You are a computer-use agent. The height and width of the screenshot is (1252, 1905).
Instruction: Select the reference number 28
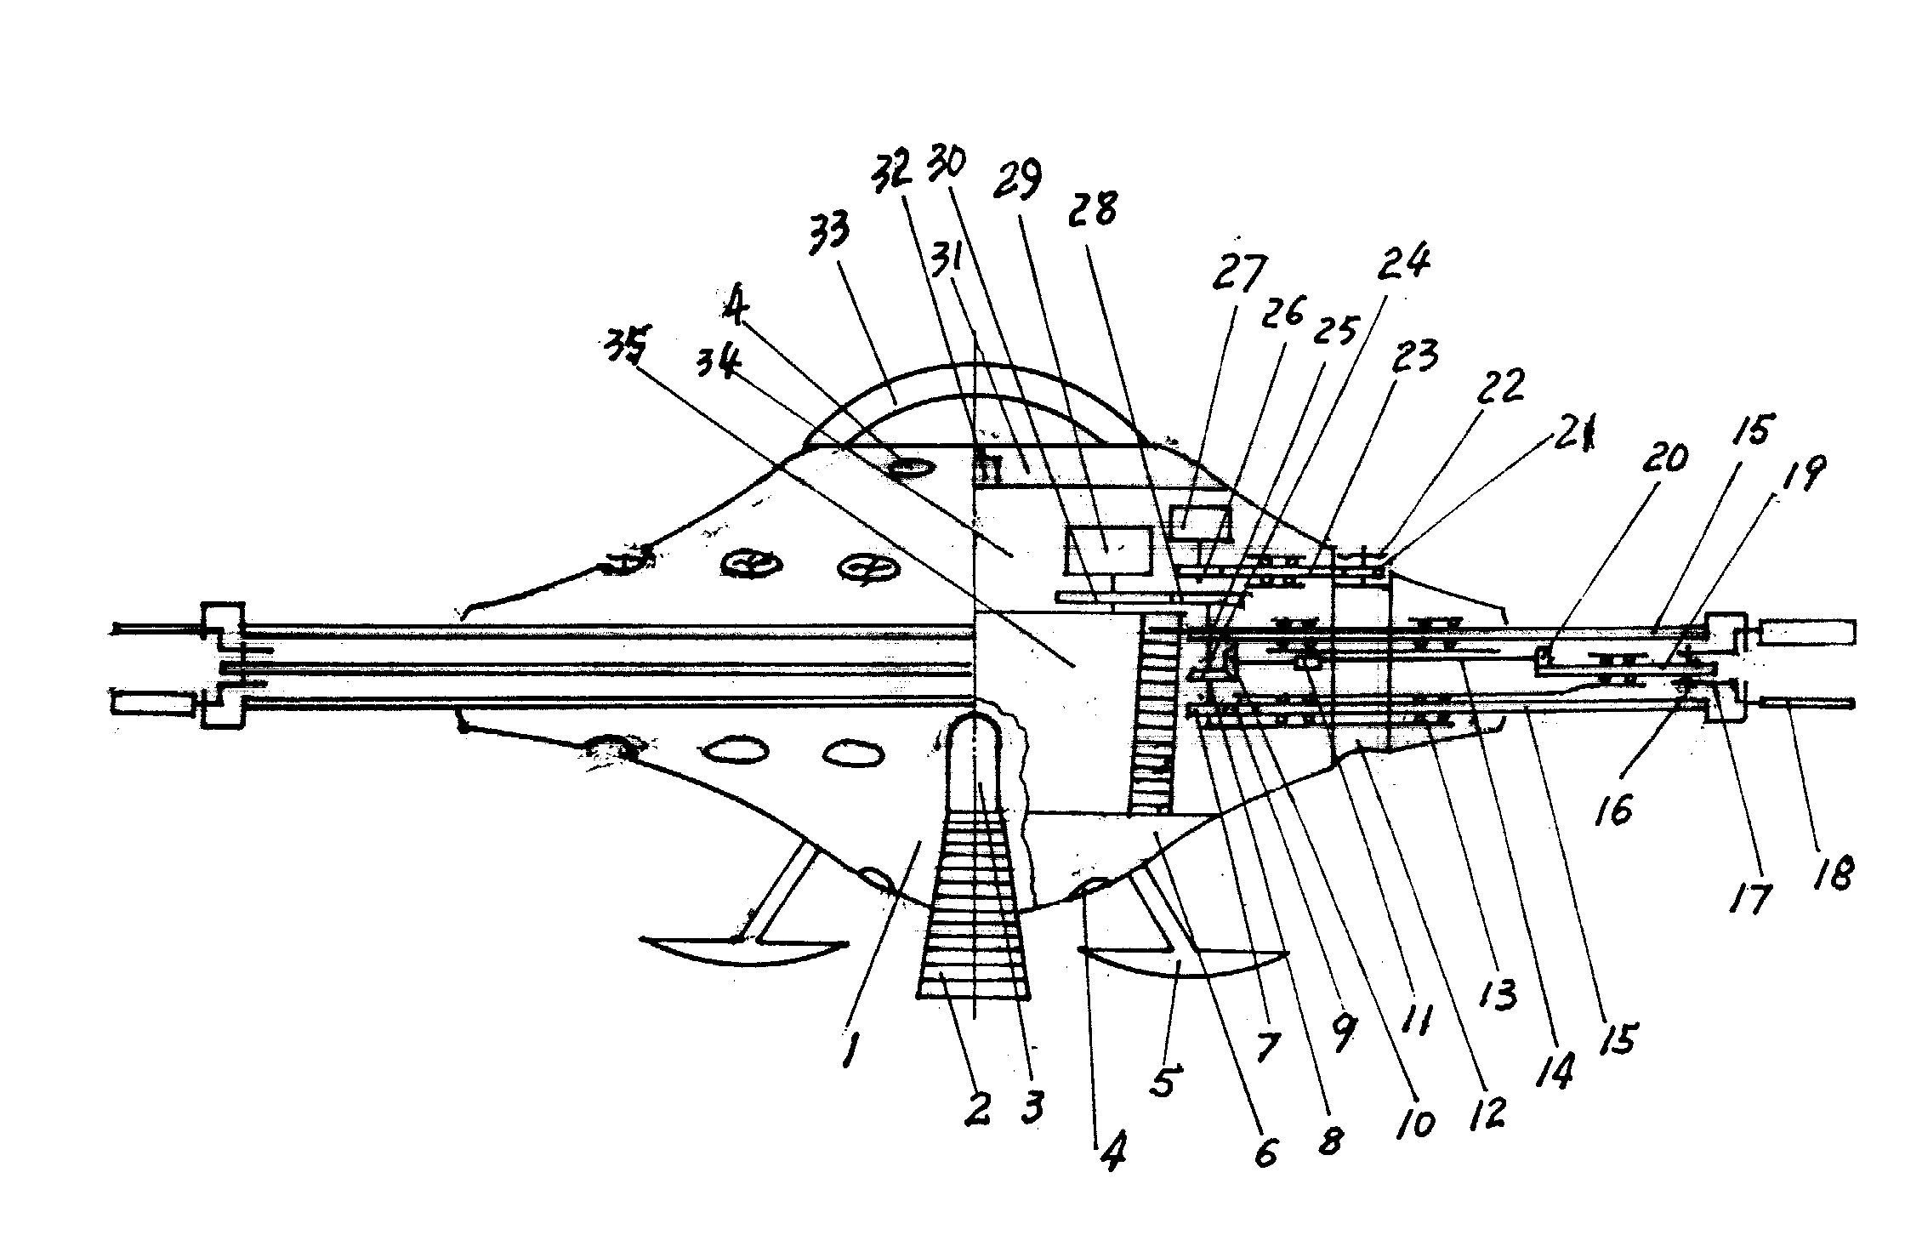click(x=1094, y=208)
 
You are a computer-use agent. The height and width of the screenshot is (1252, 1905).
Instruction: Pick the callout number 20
click(x=1666, y=460)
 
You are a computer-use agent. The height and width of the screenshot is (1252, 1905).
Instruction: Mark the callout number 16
click(x=1614, y=811)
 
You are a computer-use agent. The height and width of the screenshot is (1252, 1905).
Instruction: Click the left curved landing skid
click(x=744, y=954)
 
